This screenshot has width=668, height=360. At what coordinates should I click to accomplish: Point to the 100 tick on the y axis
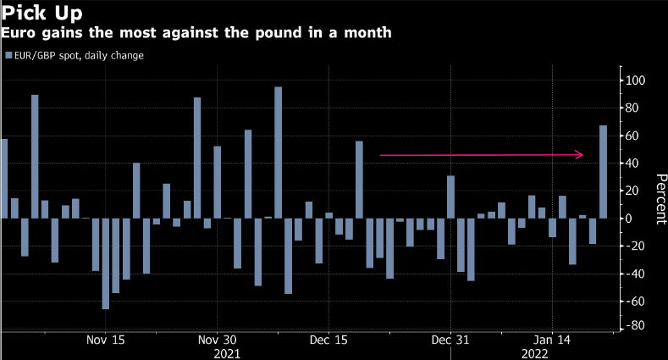point(635,80)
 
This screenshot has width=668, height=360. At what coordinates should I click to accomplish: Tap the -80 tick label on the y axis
point(635,326)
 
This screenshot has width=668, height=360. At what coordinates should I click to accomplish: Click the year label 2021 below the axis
point(227,352)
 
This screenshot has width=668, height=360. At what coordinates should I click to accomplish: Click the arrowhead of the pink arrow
point(581,155)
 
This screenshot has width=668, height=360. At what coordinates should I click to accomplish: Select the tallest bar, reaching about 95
point(278,152)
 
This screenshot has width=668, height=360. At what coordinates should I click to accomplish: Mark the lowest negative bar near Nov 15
point(106,263)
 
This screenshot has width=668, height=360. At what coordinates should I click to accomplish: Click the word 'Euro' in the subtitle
point(16,33)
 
